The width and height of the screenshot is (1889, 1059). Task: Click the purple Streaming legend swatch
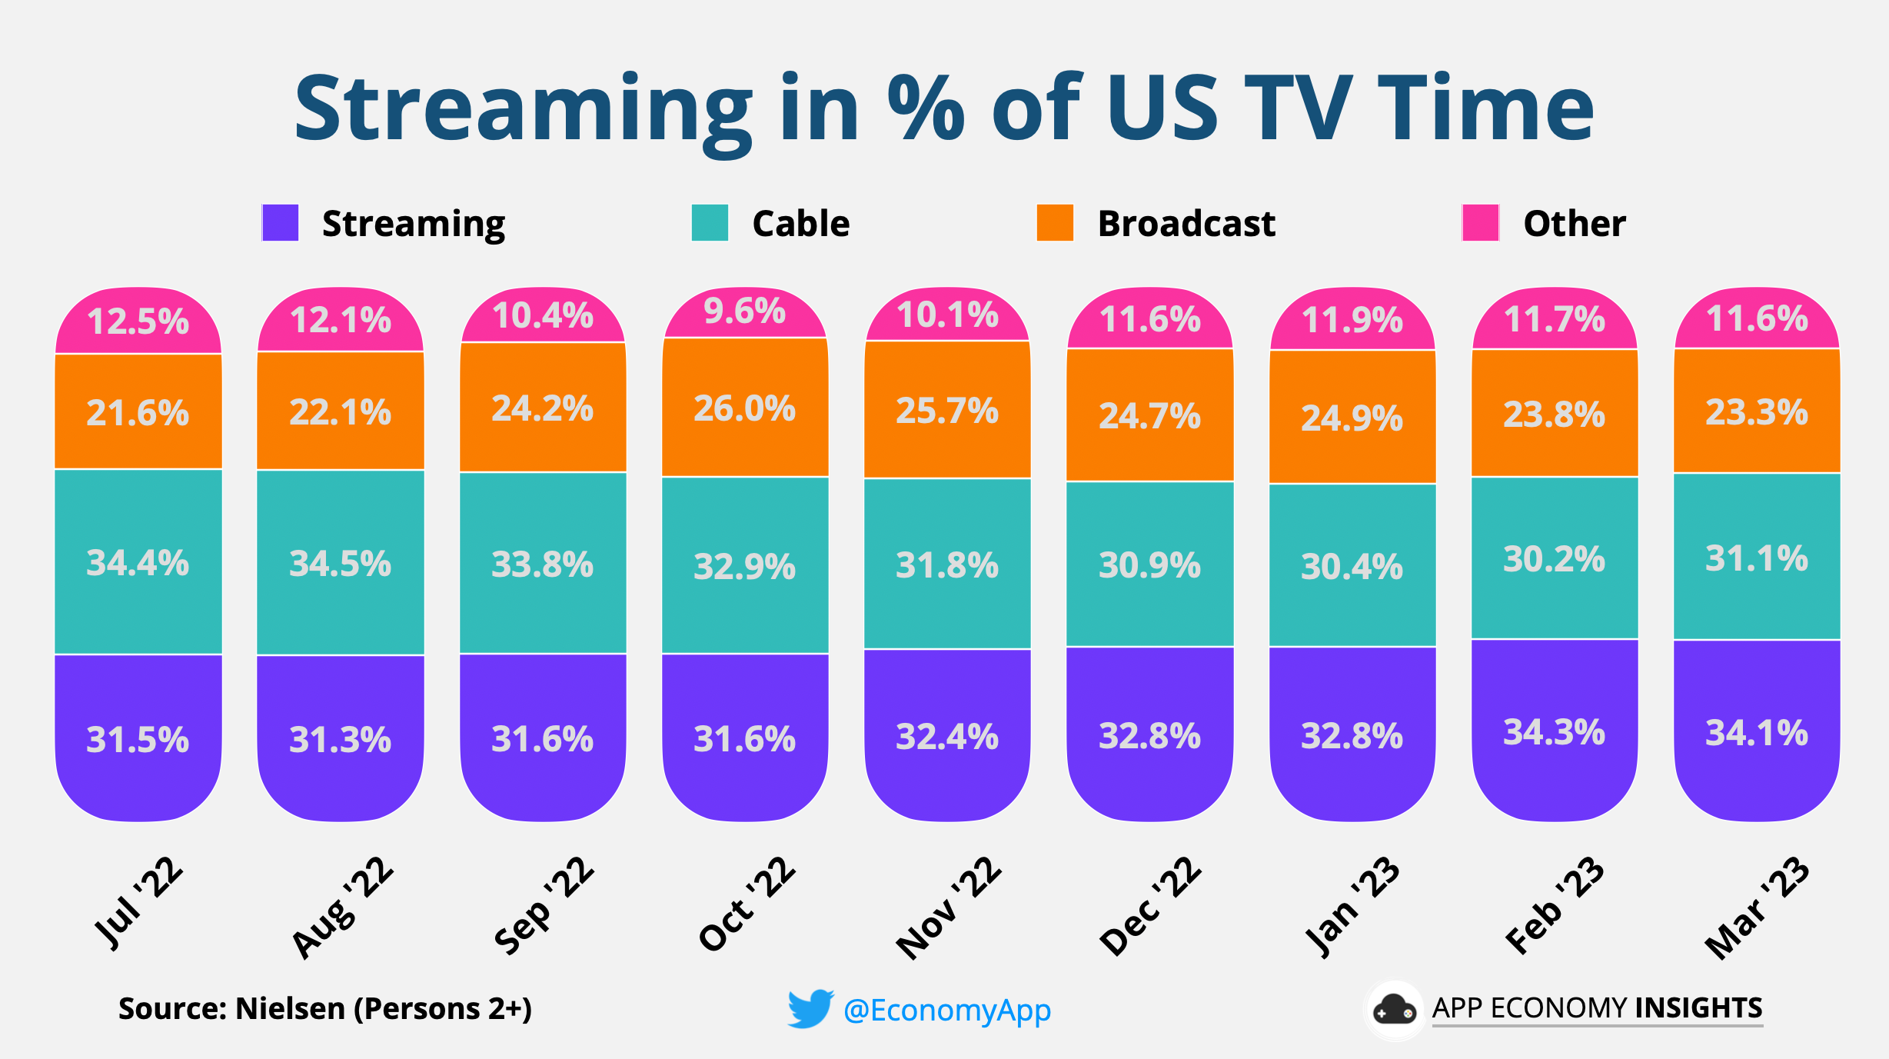(x=281, y=223)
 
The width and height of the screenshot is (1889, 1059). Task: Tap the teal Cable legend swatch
(x=710, y=223)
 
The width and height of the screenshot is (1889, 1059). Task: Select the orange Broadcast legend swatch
(x=1055, y=223)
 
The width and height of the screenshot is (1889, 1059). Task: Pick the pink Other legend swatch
(x=1480, y=223)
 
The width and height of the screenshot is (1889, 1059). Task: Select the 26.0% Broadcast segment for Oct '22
(x=745, y=408)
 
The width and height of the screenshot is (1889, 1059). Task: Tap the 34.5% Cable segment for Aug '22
(x=340, y=563)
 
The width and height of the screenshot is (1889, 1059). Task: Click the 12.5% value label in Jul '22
(x=138, y=321)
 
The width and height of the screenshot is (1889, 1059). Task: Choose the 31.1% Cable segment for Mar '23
(x=1757, y=558)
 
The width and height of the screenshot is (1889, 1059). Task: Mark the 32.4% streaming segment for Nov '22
(x=947, y=736)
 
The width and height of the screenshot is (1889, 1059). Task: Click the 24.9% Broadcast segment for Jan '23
(x=1352, y=418)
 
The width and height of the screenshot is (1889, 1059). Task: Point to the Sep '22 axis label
(x=544, y=906)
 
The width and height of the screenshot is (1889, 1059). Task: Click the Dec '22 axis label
(x=1150, y=906)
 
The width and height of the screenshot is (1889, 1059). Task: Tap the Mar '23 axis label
(x=1758, y=907)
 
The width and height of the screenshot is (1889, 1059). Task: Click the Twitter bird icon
(x=810, y=1008)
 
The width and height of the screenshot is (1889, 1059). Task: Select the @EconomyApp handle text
(x=947, y=1010)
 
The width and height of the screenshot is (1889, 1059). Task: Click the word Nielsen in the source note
(x=290, y=1008)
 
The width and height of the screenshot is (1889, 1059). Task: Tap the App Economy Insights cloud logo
(x=1394, y=1010)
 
